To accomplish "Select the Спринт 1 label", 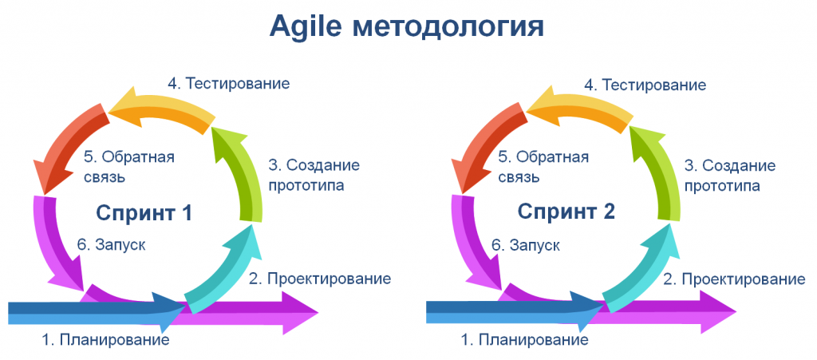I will click(144, 212).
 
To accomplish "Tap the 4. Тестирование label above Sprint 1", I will click(228, 83).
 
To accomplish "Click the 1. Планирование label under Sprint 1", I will click(105, 340).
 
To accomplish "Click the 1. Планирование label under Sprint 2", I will click(524, 340).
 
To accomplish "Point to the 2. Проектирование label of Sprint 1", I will click(319, 279).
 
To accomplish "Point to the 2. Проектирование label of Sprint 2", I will click(735, 279).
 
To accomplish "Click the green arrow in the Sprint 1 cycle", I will click(244, 168).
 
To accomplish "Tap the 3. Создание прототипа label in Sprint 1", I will click(313, 176).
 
